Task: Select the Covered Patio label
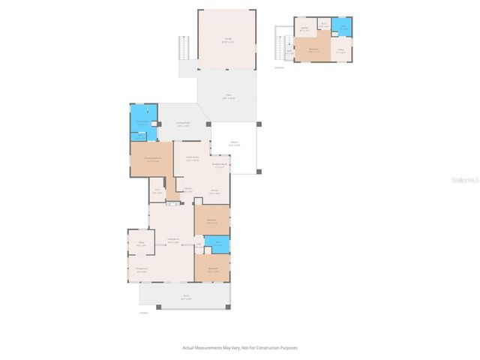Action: (x=183, y=124)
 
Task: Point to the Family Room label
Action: (x=192, y=159)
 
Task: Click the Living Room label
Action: (x=172, y=241)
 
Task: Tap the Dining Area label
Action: (x=141, y=270)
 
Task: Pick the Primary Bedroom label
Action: (x=151, y=160)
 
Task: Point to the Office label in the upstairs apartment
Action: (x=340, y=52)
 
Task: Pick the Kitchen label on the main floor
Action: (x=214, y=192)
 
